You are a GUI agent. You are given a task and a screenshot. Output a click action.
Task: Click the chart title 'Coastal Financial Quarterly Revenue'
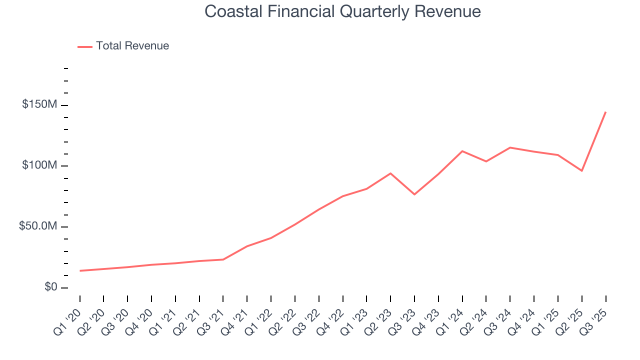(x=342, y=11)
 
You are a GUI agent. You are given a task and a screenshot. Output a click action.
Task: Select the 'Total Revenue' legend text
(x=132, y=46)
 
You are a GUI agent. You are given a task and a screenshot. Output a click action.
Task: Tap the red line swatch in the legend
(x=85, y=46)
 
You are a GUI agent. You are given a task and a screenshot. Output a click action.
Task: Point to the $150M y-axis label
(x=39, y=105)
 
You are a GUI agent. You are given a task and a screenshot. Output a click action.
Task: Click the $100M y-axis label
(x=39, y=165)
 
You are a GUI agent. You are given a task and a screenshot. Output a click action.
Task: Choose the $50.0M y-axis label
(x=37, y=226)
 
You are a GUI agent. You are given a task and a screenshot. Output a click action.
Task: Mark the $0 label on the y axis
(x=50, y=287)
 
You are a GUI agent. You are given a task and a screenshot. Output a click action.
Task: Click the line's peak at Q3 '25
(x=605, y=112)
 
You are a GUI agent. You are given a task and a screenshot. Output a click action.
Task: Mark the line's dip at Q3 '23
(x=414, y=194)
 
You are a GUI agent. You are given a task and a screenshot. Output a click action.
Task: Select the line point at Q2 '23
(x=390, y=173)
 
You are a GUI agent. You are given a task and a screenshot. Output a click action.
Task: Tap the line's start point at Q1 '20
(x=80, y=270)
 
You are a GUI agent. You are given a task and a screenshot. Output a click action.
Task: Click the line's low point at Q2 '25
(x=581, y=171)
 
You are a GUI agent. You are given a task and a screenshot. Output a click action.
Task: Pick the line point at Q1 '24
(x=462, y=151)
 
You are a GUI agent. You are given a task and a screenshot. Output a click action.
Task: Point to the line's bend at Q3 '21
(x=223, y=259)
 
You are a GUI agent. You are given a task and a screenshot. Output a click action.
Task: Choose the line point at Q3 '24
(x=510, y=147)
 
